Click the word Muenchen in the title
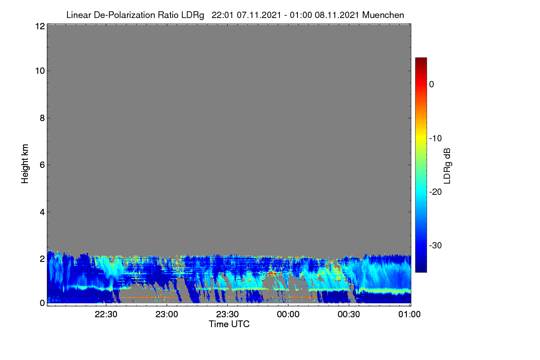[383, 15]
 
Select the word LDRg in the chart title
[193, 15]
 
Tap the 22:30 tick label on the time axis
[106, 314]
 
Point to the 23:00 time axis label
[166, 314]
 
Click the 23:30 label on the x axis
[227, 314]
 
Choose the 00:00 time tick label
[288, 314]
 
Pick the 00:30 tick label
[349, 314]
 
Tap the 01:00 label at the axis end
[409, 314]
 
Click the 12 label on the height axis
[40, 26]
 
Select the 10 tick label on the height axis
[40, 71]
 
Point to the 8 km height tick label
[42, 118]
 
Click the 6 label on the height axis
[42, 165]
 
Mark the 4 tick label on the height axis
[42, 212]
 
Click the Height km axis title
[25, 164]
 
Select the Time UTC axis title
[229, 324]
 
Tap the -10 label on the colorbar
[436, 139]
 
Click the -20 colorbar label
[436, 192]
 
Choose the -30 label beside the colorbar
[436, 245]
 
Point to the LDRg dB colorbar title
[447, 166]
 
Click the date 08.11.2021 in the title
[337, 15]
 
